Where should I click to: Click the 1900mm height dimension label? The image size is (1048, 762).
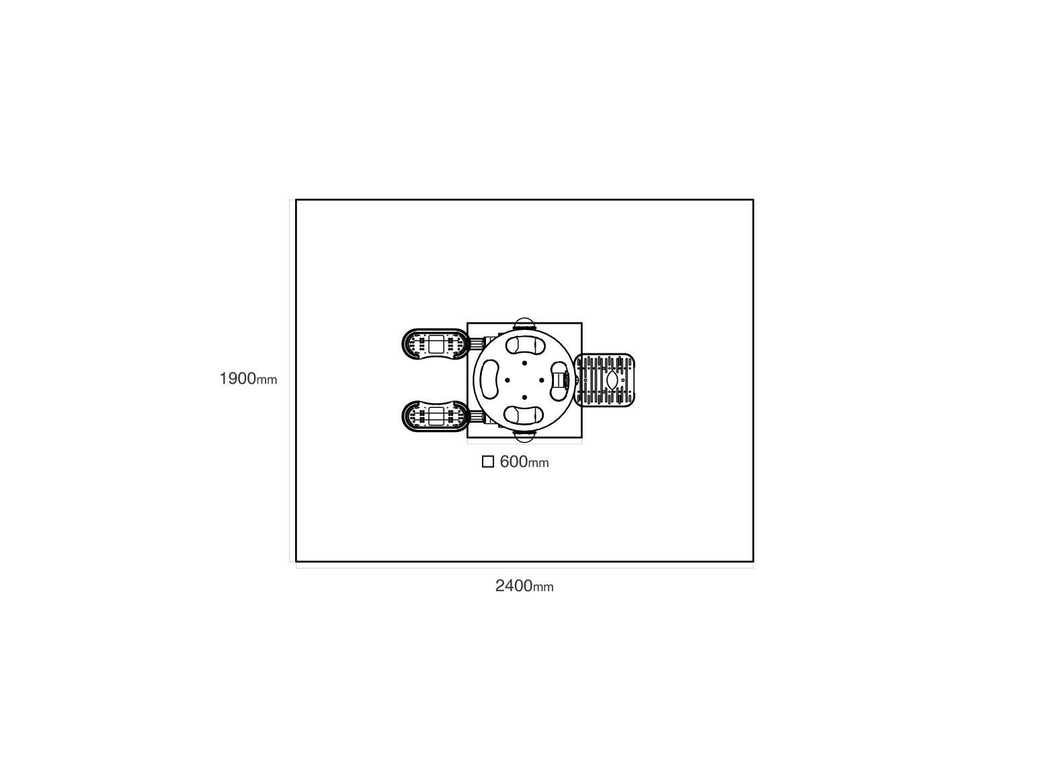tap(249, 378)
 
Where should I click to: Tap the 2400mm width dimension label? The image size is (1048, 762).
tap(524, 586)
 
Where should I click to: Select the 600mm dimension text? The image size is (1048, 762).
tap(524, 462)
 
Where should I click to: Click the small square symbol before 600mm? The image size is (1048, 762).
tap(488, 462)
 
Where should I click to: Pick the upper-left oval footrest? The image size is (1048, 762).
tap(435, 344)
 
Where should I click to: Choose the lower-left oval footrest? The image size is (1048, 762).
tap(435, 416)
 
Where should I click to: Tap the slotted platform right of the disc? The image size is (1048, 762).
tap(604, 380)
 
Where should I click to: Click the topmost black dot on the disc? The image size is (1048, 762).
tap(524, 363)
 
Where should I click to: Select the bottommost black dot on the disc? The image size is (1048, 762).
tap(524, 397)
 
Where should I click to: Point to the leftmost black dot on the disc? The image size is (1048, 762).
tap(507, 380)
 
